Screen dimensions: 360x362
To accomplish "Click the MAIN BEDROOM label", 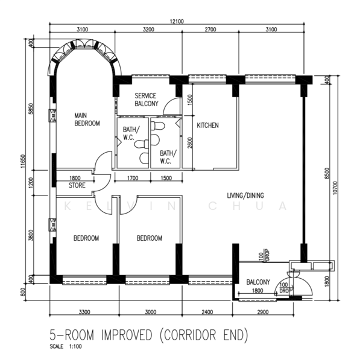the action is [87, 119].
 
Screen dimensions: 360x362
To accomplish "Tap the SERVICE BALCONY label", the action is [147, 100].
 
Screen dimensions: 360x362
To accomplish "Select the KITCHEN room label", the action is [207, 125].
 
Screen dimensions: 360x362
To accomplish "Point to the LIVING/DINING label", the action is [245, 195].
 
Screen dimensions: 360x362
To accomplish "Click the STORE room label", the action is [77, 185].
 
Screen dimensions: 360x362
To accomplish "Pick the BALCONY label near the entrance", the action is [258, 282].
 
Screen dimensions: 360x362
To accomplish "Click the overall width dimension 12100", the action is [177, 22].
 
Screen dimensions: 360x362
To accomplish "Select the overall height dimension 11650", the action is [22, 161].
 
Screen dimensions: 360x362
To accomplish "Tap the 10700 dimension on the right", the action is [335, 188].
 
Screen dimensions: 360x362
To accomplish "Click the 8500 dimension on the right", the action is [327, 173].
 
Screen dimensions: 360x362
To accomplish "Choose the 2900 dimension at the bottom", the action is [263, 312].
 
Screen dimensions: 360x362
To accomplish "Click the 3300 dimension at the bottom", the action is [84, 312].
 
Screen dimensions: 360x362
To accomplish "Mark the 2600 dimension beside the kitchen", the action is [190, 143].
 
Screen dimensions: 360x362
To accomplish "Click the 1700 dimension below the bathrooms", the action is [133, 178].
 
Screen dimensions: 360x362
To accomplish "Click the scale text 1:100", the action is [75, 347].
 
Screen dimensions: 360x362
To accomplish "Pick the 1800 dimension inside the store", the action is [75, 178].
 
